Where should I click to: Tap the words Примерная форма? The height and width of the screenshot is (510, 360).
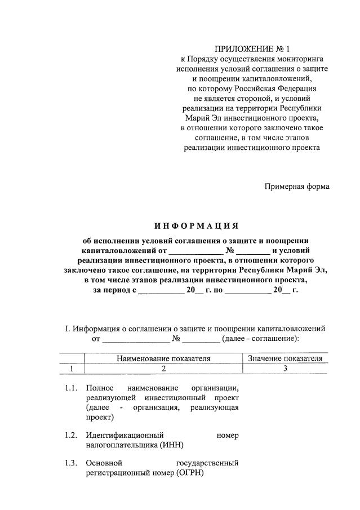[x=297, y=186]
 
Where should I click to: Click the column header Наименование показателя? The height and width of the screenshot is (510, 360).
[x=163, y=358]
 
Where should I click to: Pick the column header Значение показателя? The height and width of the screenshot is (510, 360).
[x=285, y=358]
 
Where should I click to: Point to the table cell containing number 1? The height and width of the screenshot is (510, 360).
[x=72, y=369]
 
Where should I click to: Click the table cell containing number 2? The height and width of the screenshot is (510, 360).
[x=163, y=369]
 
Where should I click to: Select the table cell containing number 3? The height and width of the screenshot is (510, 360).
[x=285, y=369]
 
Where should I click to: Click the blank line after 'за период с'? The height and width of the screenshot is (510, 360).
[x=161, y=291]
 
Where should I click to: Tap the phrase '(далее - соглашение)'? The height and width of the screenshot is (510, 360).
[x=260, y=339]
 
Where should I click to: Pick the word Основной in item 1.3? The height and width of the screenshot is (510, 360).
[x=104, y=463]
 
